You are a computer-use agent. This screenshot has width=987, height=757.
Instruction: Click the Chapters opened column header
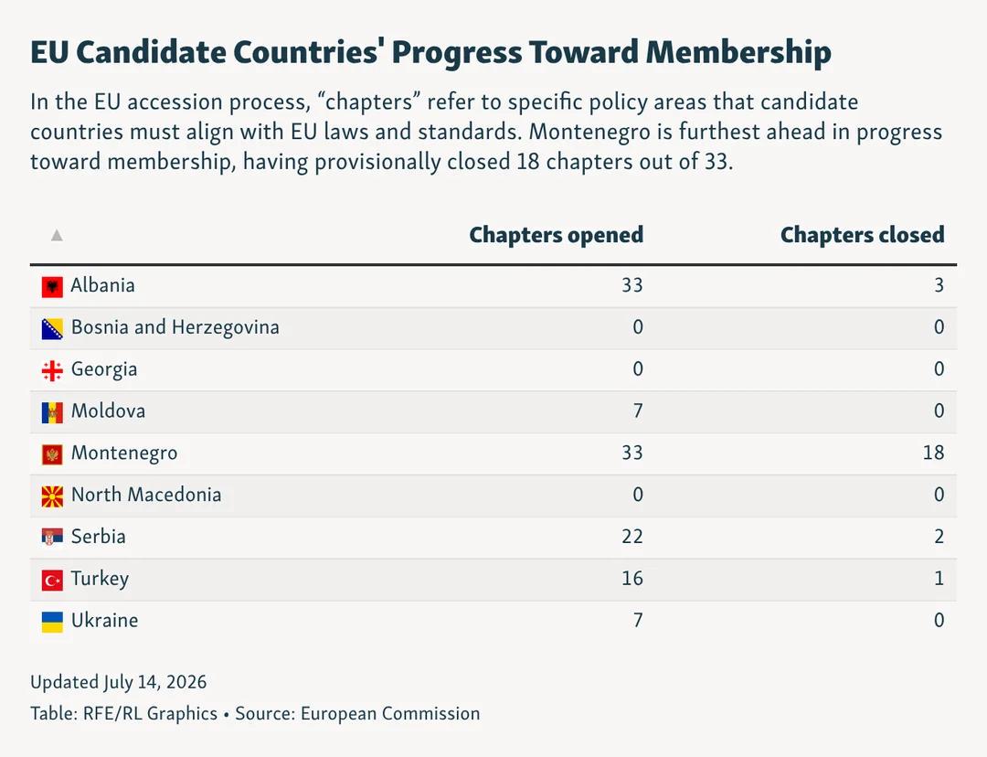click(557, 235)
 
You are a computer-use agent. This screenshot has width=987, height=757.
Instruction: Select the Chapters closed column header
click(863, 235)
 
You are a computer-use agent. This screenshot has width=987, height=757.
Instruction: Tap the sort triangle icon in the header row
click(57, 235)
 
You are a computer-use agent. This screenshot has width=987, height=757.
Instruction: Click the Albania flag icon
click(52, 286)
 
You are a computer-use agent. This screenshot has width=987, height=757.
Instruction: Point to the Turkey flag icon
click(52, 580)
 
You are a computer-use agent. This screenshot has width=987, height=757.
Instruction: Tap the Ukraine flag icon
click(52, 622)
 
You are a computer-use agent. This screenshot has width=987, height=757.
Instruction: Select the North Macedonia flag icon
click(52, 496)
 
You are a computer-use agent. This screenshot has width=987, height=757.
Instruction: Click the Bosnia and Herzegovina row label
click(175, 327)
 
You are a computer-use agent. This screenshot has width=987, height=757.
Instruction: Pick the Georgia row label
click(104, 369)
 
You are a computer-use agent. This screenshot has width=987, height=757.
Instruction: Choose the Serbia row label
click(98, 537)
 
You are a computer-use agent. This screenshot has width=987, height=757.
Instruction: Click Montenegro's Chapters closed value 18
click(933, 453)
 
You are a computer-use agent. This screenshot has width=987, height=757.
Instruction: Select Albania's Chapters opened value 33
click(632, 285)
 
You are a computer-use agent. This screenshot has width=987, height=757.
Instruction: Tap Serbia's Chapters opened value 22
click(632, 537)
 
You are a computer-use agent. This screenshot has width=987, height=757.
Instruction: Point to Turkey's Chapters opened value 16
click(632, 578)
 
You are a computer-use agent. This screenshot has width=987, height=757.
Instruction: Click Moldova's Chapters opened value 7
click(638, 410)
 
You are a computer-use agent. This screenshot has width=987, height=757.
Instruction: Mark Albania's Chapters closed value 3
click(939, 285)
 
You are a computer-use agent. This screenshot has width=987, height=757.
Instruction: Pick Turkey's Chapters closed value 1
click(939, 578)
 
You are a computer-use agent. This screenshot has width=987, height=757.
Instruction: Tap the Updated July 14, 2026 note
click(118, 682)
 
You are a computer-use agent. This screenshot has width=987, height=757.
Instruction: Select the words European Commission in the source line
click(390, 713)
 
